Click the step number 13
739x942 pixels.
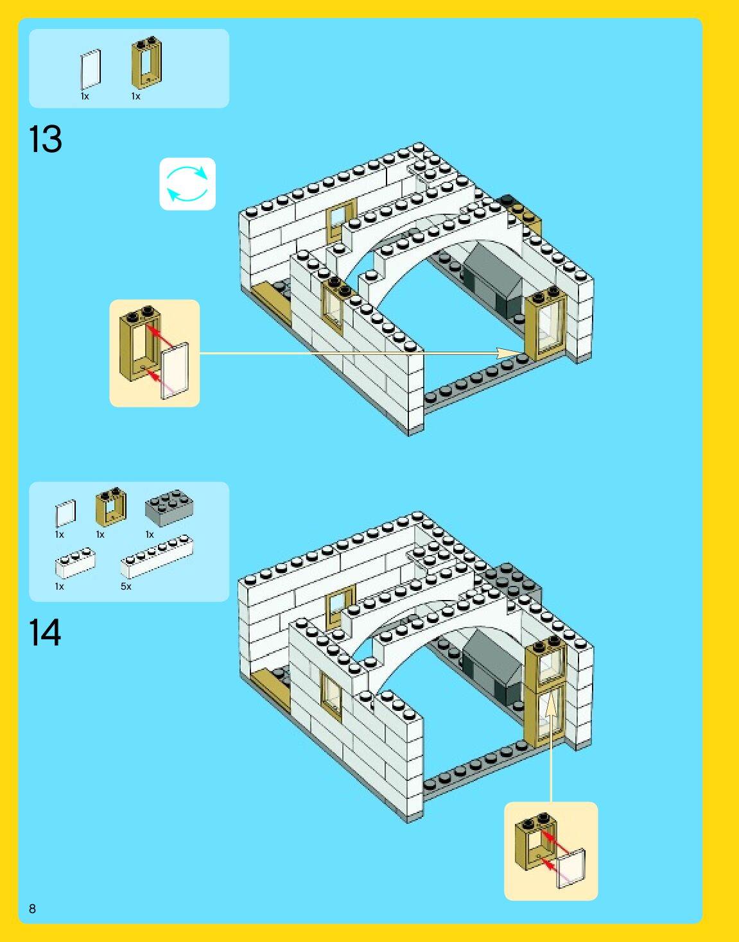46,139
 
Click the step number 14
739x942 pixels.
45,633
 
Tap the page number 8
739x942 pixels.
32,909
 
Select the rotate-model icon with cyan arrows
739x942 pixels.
187,184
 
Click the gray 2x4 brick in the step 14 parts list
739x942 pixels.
169,508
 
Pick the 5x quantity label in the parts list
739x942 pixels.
126,587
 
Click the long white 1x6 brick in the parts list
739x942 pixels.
157,557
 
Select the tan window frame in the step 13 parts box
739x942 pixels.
146,63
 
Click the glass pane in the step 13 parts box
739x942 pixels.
91,69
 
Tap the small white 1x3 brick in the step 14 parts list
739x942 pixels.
75,563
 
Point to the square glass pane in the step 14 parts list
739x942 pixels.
65,513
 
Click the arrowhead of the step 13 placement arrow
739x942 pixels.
514,353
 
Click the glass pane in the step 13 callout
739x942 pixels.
175,371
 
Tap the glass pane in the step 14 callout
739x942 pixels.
571,868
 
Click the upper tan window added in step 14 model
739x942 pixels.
546,662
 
